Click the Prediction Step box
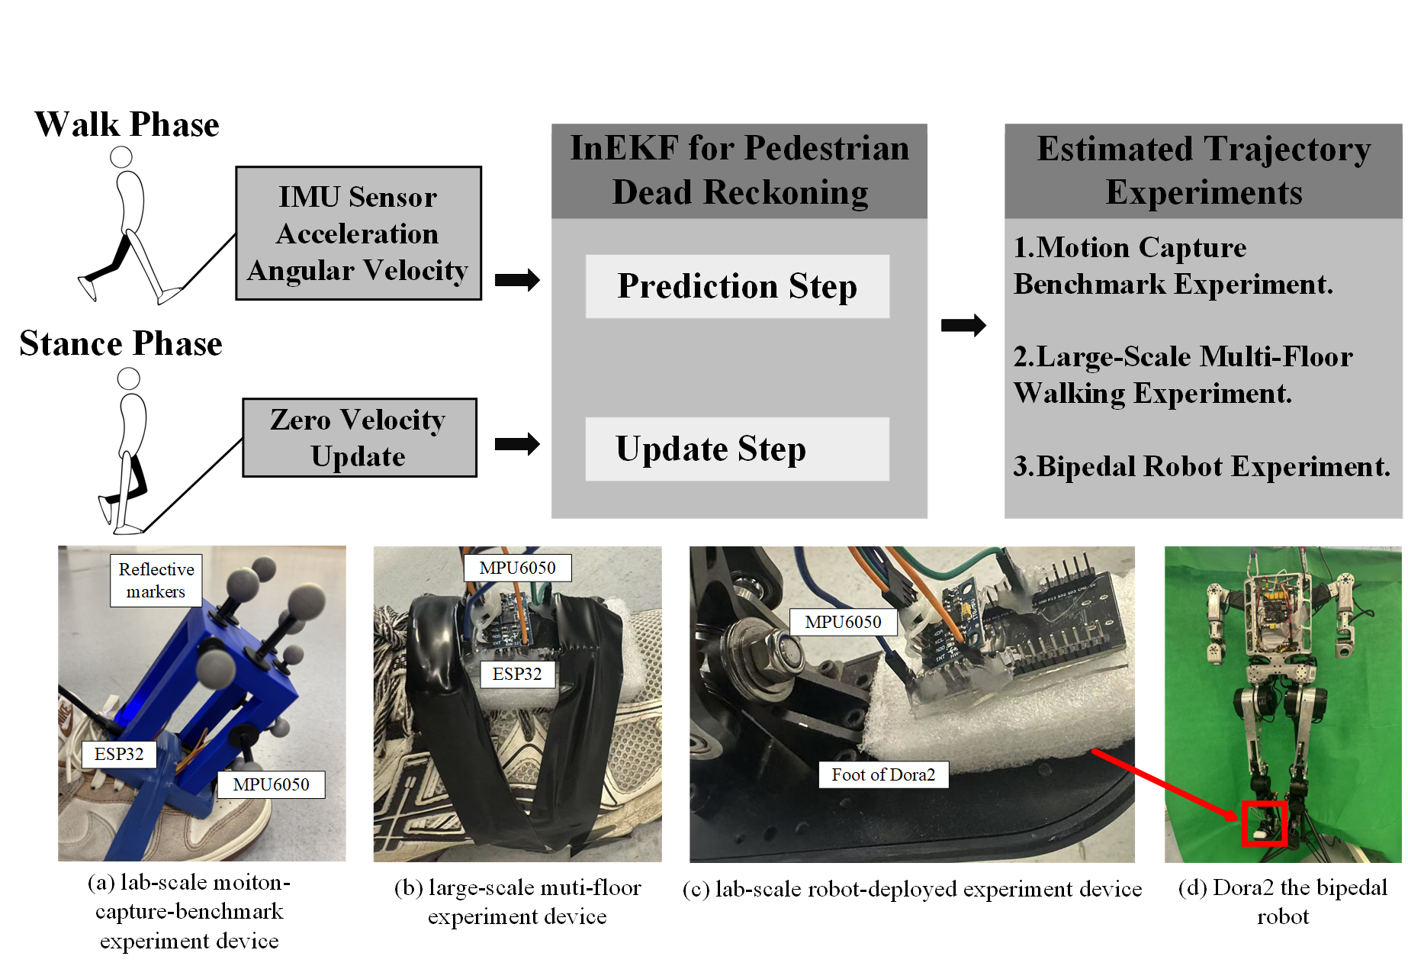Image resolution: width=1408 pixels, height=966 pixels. tap(737, 286)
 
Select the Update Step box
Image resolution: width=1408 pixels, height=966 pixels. tap(737, 449)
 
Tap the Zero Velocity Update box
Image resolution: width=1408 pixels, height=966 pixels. tap(359, 438)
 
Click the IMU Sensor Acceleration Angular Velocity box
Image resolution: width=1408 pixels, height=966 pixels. tap(358, 233)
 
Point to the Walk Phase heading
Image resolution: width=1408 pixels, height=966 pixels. tap(127, 124)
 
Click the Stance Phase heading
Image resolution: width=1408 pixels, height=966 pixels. tap(121, 343)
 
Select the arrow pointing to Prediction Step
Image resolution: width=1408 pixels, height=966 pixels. tap(517, 280)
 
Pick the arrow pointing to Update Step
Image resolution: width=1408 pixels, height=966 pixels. tap(517, 444)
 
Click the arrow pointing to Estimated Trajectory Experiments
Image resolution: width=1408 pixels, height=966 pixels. tap(963, 326)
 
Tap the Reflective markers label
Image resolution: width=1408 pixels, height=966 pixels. tap(156, 580)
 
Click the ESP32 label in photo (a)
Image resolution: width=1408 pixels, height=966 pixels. tap(119, 754)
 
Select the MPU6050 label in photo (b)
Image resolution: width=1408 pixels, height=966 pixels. tap(517, 568)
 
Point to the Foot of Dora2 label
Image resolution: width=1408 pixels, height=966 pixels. tap(883, 774)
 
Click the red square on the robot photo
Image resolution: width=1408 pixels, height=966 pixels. tap(1264, 823)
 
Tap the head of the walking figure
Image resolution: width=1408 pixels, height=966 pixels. tap(121, 157)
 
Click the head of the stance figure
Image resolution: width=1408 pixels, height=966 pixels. tap(128, 378)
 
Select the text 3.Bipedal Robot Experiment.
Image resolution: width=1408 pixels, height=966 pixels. tap(1201, 466)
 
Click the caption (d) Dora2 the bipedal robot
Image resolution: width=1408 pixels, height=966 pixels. tap(1283, 901)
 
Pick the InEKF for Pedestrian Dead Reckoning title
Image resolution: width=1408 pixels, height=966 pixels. tap(739, 170)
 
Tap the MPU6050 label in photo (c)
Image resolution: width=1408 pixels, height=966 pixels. tap(843, 622)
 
